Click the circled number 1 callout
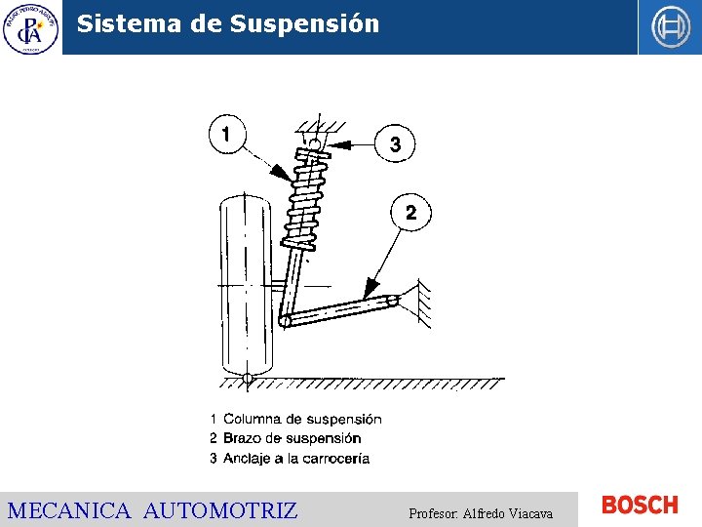tap(227, 134)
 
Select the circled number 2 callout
tap(411, 212)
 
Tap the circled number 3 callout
tap(395, 143)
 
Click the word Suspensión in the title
tap(304, 24)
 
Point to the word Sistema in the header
tap(129, 23)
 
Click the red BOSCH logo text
tap(640, 506)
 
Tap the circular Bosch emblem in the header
tap(670, 27)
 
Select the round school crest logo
tap(30, 29)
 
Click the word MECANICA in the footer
tap(69, 510)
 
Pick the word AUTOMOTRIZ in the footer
tap(220, 510)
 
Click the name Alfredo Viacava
tap(508, 513)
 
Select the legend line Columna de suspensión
tap(296, 419)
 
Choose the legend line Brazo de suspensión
tap(286, 438)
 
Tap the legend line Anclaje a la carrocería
tap(290, 459)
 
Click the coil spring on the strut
tap(305, 199)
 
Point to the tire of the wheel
tap(246, 285)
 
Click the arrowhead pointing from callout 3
tap(338, 144)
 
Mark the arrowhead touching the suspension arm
tap(370, 288)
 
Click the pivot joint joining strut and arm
tap(284, 320)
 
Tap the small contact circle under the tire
tap(248, 379)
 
